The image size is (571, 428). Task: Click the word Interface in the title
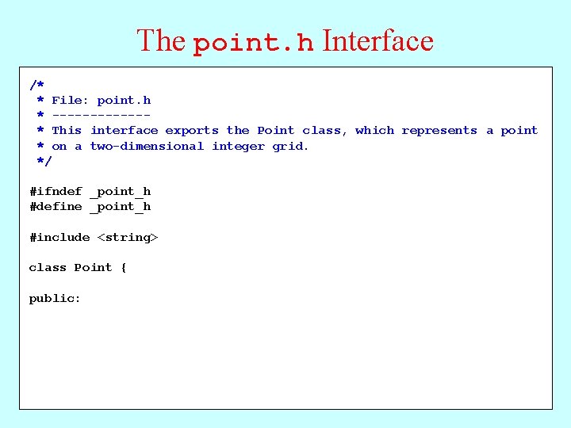(378, 40)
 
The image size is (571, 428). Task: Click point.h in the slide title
(254, 42)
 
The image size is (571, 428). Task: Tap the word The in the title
(161, 40)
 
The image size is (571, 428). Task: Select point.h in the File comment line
(124, 101)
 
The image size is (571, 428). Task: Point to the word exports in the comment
(192, 131)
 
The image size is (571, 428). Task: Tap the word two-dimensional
(147, 147)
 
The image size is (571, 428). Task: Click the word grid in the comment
(289, 147)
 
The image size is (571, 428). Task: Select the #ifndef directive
(56, 192)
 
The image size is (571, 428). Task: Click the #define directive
(56, 207)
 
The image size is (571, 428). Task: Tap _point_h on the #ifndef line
(120, 192)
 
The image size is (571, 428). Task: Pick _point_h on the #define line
(120, 207)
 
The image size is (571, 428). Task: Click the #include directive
(59, 238)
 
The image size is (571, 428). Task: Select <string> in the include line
(128, 238)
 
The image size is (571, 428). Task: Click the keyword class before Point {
(48, 268)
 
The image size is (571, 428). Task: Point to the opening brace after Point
(124, 268)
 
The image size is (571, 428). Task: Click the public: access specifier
(55, 299)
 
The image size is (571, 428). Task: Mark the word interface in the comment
(124, 131)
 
